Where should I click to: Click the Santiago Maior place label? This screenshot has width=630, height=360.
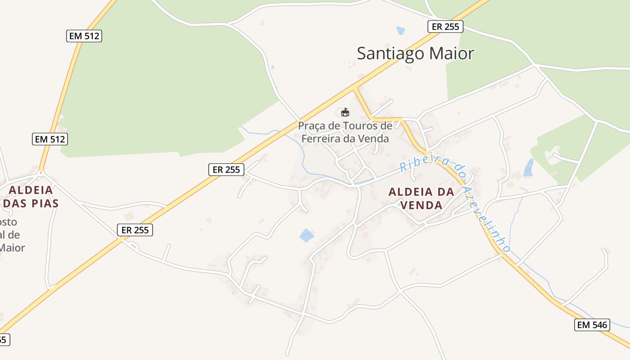point(415,54)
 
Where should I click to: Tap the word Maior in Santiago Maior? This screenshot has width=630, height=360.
point(451,54)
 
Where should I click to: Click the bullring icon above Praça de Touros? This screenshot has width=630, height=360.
point(345,112)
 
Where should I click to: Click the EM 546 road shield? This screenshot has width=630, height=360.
point(592,324)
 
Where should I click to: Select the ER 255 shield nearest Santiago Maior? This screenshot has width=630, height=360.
point(445,27)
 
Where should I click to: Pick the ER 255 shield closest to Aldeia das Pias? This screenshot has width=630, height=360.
point(135,230)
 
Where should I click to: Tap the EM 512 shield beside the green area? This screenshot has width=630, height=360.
point(84,36)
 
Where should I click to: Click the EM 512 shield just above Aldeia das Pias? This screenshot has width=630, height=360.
point(50,139)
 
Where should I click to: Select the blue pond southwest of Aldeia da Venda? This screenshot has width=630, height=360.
point(306,235)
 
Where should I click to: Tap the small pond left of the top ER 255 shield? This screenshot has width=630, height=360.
point(400,31)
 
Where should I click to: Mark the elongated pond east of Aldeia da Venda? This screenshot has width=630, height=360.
point(528,168)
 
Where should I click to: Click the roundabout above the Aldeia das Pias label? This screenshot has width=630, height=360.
point(41,172)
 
